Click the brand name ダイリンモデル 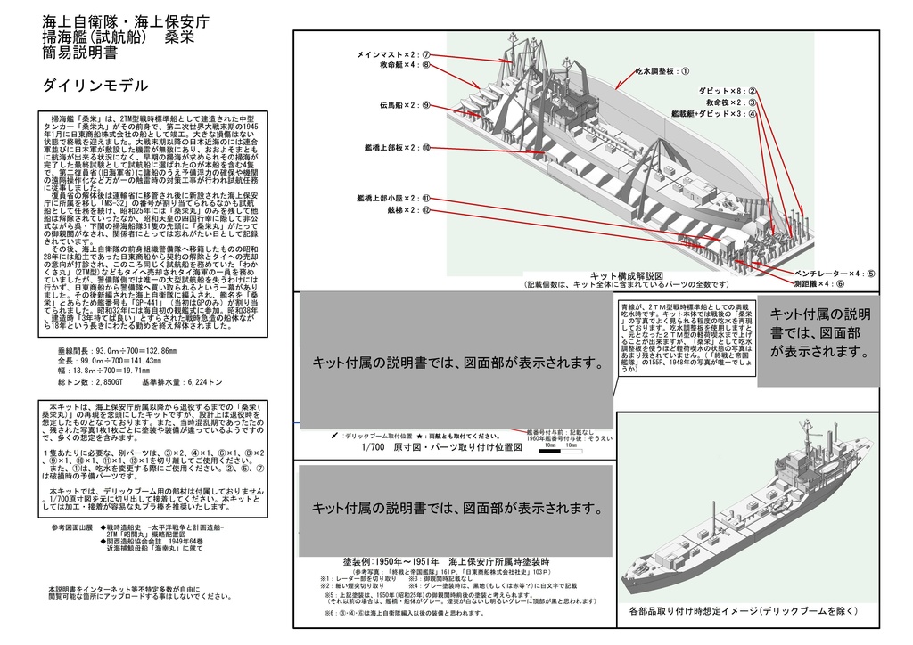pyautogui.click(x=95, y=86)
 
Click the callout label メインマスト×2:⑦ pyautogui.click(x=393, y=54)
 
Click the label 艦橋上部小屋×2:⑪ pyautogui.click(x=393, y=199)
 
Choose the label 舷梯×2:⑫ pyautogui.click(x=407, y=210)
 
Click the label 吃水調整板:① pyautogui.click(x=662, y=69)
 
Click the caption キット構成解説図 pyautogui.click(x=621, y=276)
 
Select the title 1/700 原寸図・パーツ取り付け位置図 pyautogui.click(x=442, y=448)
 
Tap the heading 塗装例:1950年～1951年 pyautogui.click(x=446, y=563)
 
